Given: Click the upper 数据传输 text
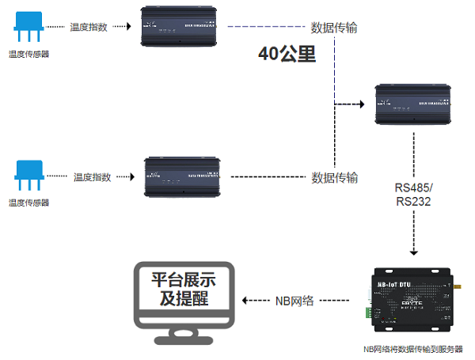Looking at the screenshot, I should point(334,28).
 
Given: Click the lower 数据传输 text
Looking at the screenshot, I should point(334,176).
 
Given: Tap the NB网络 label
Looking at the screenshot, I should point(294,301).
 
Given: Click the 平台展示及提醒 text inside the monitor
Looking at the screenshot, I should point(183,289).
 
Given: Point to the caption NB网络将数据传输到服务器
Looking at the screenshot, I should point(412,349).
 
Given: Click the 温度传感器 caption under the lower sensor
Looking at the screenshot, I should point(28,203).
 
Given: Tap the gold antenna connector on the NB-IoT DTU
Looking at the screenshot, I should point(457,282).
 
